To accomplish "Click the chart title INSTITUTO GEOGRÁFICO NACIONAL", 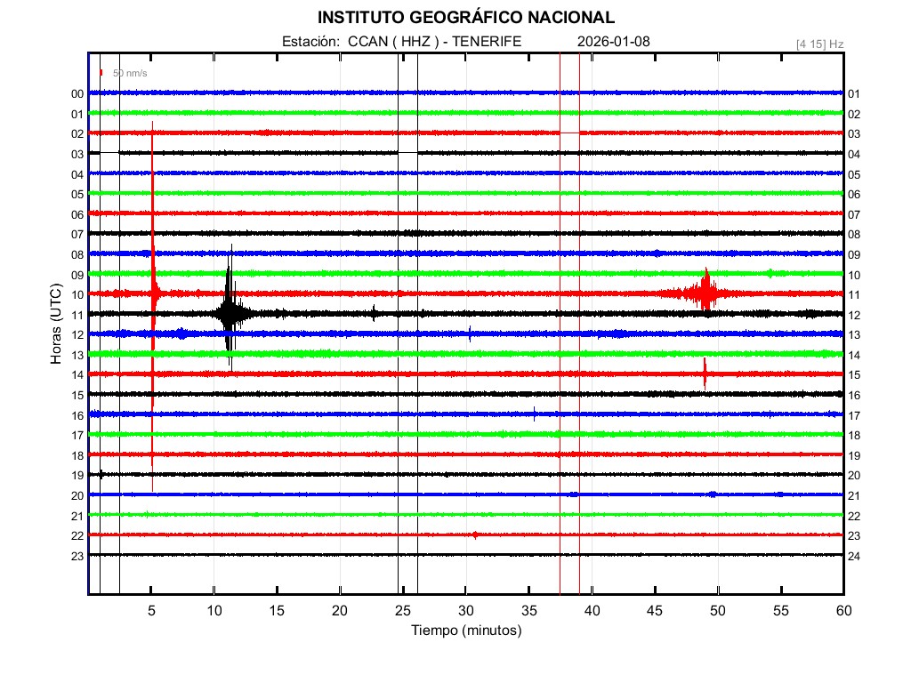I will pos(465,18).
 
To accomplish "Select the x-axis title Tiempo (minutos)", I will pos(465,631).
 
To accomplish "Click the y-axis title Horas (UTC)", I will pos(55,325).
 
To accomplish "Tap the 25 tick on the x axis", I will pos(403,610).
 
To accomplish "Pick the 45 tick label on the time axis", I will pos(655,610).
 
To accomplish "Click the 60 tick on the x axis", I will pos(843,610).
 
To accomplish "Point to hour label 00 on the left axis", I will pos(77,93).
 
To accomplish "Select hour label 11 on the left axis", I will pos(77,315).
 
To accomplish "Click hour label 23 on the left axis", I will pos(77,556).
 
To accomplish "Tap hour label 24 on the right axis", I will pos(854,556).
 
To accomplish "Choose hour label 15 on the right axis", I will pos(854,375).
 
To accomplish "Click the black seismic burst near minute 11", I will pos(230,313).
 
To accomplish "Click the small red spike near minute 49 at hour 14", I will pos(705,374).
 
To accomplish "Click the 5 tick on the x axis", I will pos(151,610).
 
